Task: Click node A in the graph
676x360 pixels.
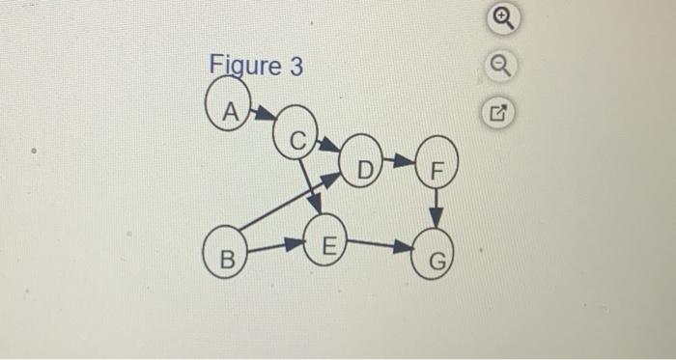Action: point(229,102)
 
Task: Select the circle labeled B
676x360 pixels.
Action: point(226,258)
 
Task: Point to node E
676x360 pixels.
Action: point(327,244)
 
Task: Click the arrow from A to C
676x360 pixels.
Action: point(263,115)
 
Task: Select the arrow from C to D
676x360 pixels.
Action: point(328,146)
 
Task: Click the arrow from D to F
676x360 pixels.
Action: point(399,160)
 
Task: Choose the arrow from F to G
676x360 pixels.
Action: point(437,208)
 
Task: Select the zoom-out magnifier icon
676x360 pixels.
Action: point(499,67)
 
